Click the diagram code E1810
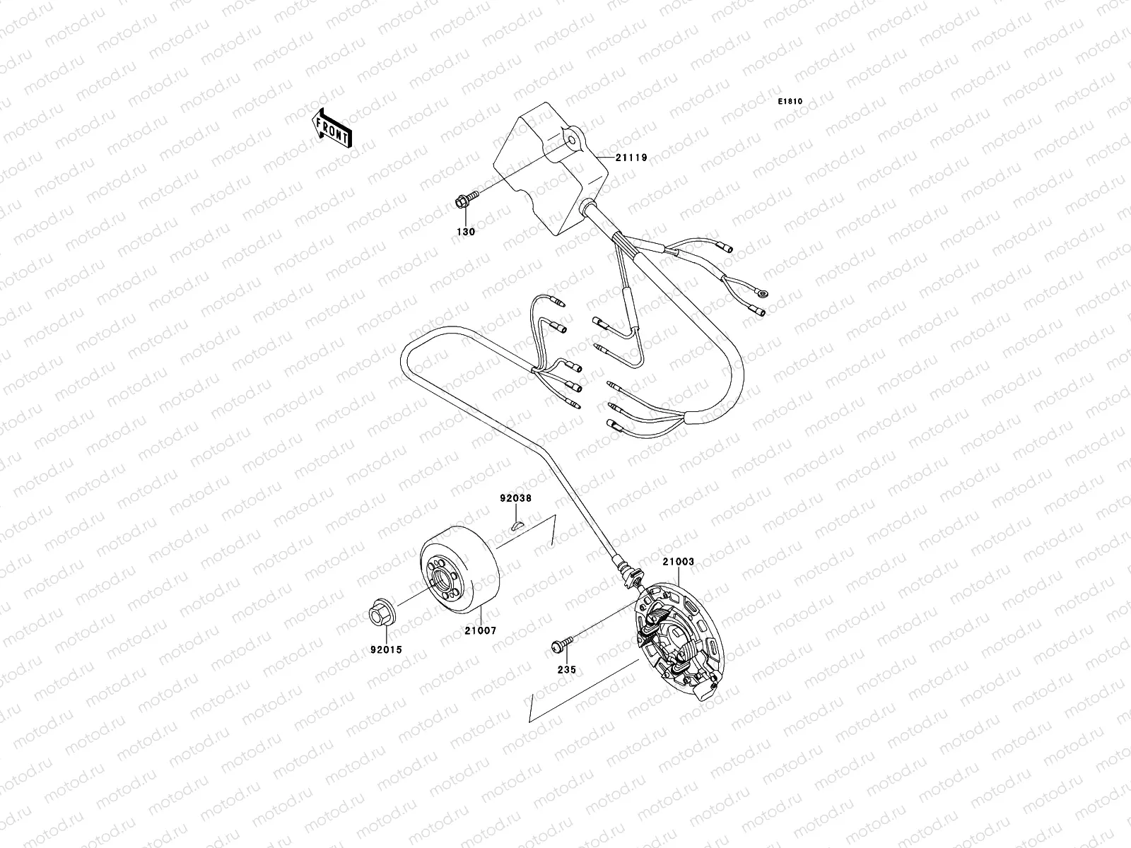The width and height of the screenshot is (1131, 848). [x=790, y=102]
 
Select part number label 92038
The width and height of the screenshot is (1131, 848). [x=515, y=497]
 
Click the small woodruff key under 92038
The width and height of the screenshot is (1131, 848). [x=516, y=524]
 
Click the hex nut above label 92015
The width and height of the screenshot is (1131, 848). [x=381, y=613]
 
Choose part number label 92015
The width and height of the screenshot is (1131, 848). [x=385, y=649]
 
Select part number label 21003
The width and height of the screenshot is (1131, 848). [x=678, y=562]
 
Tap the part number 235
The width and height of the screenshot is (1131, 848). [x=566, y=669]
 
